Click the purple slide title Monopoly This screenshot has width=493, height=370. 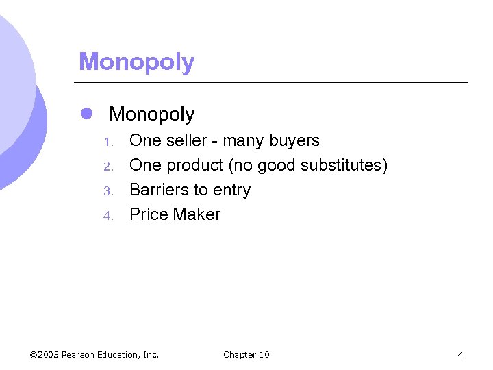(136, 62)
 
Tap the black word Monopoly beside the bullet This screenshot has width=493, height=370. (151, 114)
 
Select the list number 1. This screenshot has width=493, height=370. (107, 142)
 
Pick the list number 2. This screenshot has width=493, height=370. (107, 166)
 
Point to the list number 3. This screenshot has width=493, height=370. (107, 191)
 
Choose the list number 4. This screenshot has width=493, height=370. (107, 216)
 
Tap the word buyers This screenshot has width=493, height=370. (294, 140)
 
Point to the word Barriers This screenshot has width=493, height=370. (157, 190)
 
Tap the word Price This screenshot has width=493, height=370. (149, 214)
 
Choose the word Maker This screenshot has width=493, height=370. (197, 214)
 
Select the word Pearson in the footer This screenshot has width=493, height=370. (77, 354)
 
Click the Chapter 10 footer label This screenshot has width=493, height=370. (246, 354)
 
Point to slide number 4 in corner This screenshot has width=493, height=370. (460, 354)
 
